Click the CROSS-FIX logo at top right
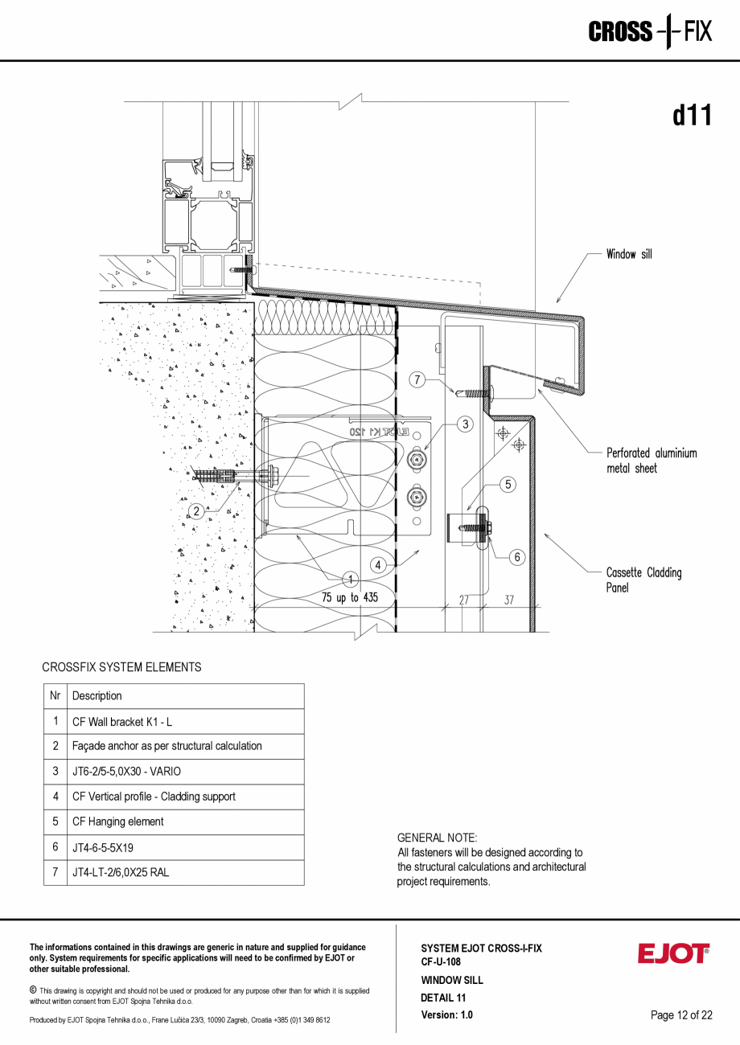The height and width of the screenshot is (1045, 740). [650, 32]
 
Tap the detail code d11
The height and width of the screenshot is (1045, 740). [692, 116]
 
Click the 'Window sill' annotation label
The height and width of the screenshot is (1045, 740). [629, 255]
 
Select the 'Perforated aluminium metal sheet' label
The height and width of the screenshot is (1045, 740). [652, 461]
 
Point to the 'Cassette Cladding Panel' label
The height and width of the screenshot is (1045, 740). [643, 580]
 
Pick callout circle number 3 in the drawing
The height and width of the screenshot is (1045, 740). [464, 424]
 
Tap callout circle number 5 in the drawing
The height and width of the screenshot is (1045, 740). [508, 485]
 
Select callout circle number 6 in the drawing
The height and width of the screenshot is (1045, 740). [517, 556]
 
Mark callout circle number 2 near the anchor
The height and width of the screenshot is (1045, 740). [195, 511]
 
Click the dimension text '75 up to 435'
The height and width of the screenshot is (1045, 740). [349, 598]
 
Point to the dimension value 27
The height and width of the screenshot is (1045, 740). [464, 599]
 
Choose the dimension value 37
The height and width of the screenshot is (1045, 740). [509, 599]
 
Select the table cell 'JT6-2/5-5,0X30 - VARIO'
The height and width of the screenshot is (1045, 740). [126, 772]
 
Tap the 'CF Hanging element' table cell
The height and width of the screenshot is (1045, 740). [117, 822]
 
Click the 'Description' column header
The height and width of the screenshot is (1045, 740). [97, 696]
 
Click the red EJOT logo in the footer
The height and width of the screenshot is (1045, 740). [673, 953]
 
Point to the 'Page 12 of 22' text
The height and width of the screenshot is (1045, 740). [681, 1015]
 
